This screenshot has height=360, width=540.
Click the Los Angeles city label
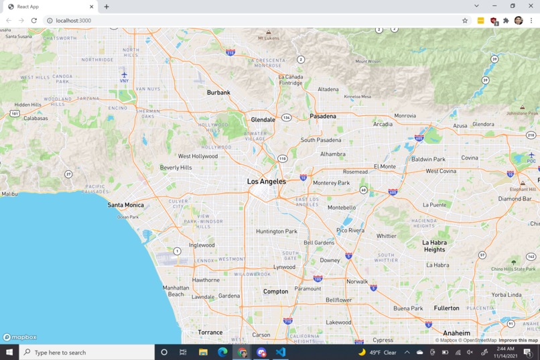click(266, 182)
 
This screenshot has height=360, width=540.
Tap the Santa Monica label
click(125, 205)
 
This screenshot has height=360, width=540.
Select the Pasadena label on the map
click(322, 117)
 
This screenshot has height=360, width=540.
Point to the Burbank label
click(218, 93)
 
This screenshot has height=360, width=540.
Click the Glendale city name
click(263, 120)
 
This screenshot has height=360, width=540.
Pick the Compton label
click(275, 292)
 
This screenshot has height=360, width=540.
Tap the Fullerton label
click(446, 308)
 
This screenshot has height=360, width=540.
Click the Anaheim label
click(456, 333)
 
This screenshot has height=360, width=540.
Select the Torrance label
click(210, 333)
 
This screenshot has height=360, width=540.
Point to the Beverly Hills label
click(176, 168)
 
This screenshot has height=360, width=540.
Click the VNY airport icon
click(124, 75)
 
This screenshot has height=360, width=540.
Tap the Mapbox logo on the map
click(20, 337)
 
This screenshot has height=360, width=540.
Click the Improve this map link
click(518, 341)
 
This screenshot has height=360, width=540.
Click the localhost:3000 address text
click(74, 21)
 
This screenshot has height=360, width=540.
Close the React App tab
click(92, 7)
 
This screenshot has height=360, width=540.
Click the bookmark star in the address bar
click(465, 21)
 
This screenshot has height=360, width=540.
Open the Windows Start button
click(9, 352)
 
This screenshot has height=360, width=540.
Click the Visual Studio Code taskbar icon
click(280, 352)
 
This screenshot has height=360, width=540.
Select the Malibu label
click(9, 194)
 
